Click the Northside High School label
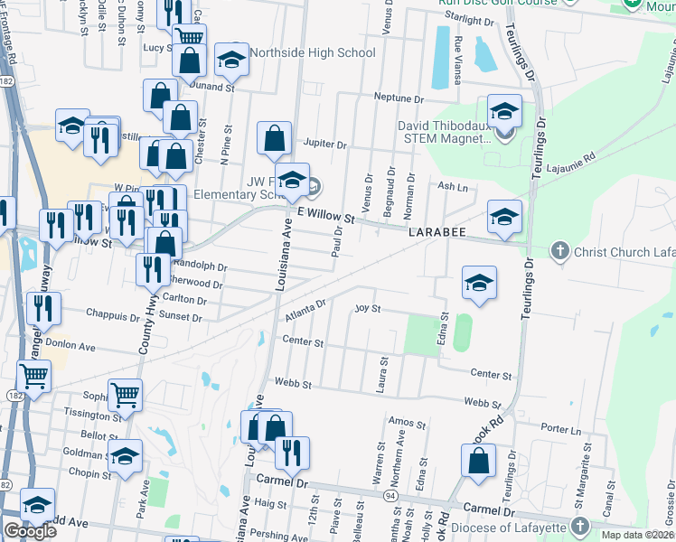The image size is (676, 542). (x=313, y=52)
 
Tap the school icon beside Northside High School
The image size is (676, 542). (x=232, y=60)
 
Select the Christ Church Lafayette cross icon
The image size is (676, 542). (x=559, y=250)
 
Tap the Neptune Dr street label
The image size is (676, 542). (x=399, y=98)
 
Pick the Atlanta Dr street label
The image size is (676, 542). (x=305, y=314)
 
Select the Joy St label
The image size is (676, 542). (x=368, y=308)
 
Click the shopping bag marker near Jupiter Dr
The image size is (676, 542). (x=274, y=139)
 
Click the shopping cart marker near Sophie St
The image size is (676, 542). (x=125, y=394)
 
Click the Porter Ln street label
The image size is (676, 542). (x=563, y=430)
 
